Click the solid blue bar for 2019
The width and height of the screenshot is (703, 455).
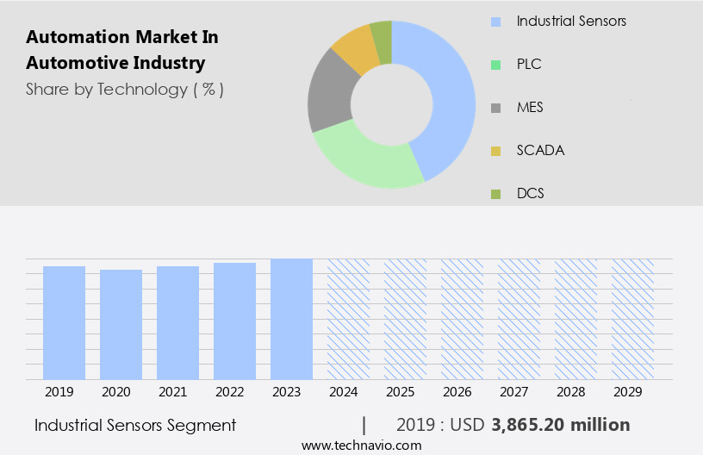64,322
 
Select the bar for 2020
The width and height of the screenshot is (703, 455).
121,324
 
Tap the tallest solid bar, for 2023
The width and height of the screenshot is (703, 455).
291,319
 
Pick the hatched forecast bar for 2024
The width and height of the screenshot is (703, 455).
348,319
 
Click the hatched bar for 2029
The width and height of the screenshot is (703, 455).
632,319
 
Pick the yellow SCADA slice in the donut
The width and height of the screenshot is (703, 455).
354,49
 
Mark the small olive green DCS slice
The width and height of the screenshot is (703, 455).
381,35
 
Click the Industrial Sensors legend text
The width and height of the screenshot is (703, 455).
571,21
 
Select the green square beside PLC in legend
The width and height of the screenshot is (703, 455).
495,65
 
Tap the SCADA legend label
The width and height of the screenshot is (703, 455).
540,151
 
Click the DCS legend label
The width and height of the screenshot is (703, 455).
530,194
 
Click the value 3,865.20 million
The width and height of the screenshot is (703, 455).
560,425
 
